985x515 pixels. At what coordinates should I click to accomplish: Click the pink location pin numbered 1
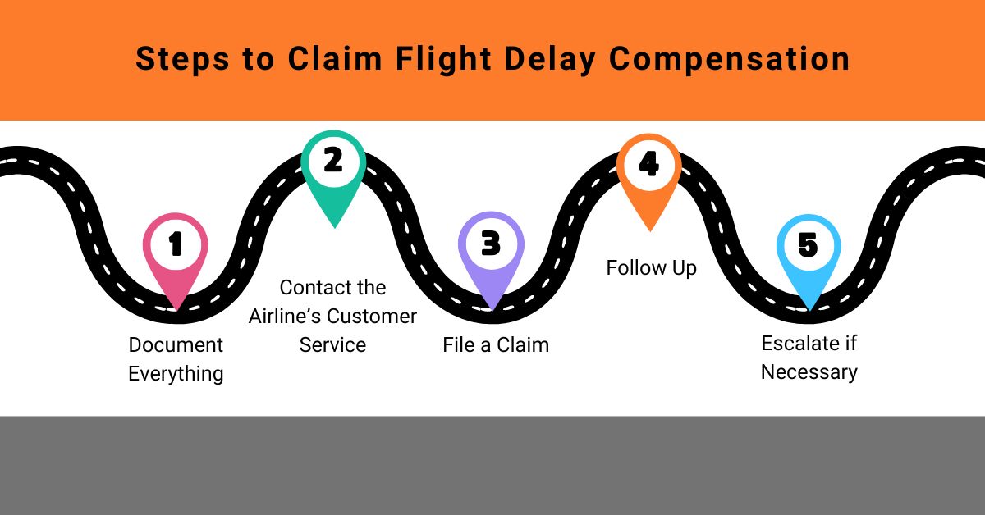tap(175, 246)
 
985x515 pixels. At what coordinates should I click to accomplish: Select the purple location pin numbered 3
tap(490, 246)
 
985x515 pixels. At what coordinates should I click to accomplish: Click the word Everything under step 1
tap(176, 374)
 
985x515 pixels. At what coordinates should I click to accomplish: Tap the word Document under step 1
tap(176, 344)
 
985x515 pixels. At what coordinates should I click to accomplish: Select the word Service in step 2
tap(332, 344)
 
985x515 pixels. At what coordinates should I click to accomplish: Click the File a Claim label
tap(496, 344)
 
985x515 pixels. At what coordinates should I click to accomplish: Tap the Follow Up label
tap(651, 268)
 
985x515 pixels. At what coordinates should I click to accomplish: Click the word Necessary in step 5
tap(809, 371)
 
